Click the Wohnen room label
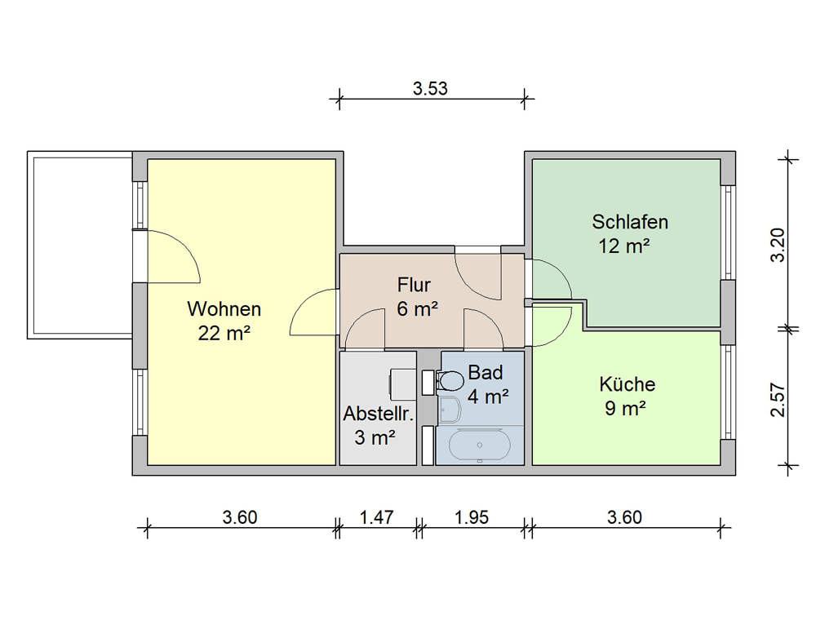point(224,309)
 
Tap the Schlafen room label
point(630,222)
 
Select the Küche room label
point(627,384)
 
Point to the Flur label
point(414,286)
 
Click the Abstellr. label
point(379,414)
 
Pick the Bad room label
point(486,373)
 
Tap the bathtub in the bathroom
point(479,445)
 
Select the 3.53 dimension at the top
point(430,89)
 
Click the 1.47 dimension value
point(377,517)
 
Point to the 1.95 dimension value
point(472,517)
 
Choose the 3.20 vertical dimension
point(778,245)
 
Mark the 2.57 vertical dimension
point(778,400)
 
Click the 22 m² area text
point(224,333)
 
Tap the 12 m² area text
point(624,246)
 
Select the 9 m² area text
point(626,409)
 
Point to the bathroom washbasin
point(449,409)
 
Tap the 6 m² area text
point(417,309)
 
